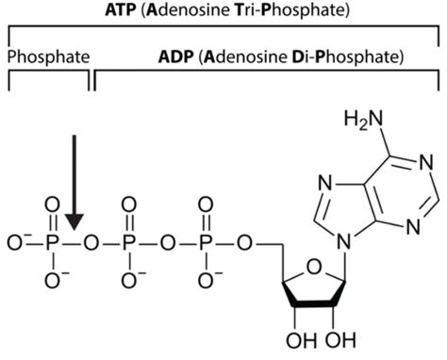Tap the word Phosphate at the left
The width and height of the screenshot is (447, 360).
48,57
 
